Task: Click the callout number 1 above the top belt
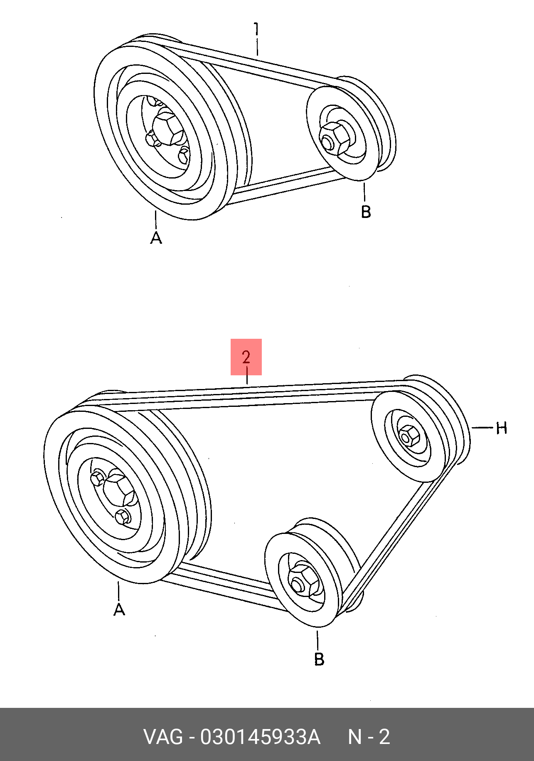(x=257, y=29)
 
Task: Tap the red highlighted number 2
(x=246, y=357)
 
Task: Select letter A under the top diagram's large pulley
(x=156, y=238)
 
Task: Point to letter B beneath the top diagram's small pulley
(x=365, y=212)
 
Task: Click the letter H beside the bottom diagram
(x=502, y=428)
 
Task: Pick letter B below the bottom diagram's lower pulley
(x=319, y=659)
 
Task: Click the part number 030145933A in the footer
(x=260, y=737)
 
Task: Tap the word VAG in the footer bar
(x=163, y=737)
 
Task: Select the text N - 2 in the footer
(x=369, y=737)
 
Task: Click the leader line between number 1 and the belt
(x=257, y=46)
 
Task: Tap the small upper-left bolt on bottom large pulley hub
(x=98, y=478)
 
